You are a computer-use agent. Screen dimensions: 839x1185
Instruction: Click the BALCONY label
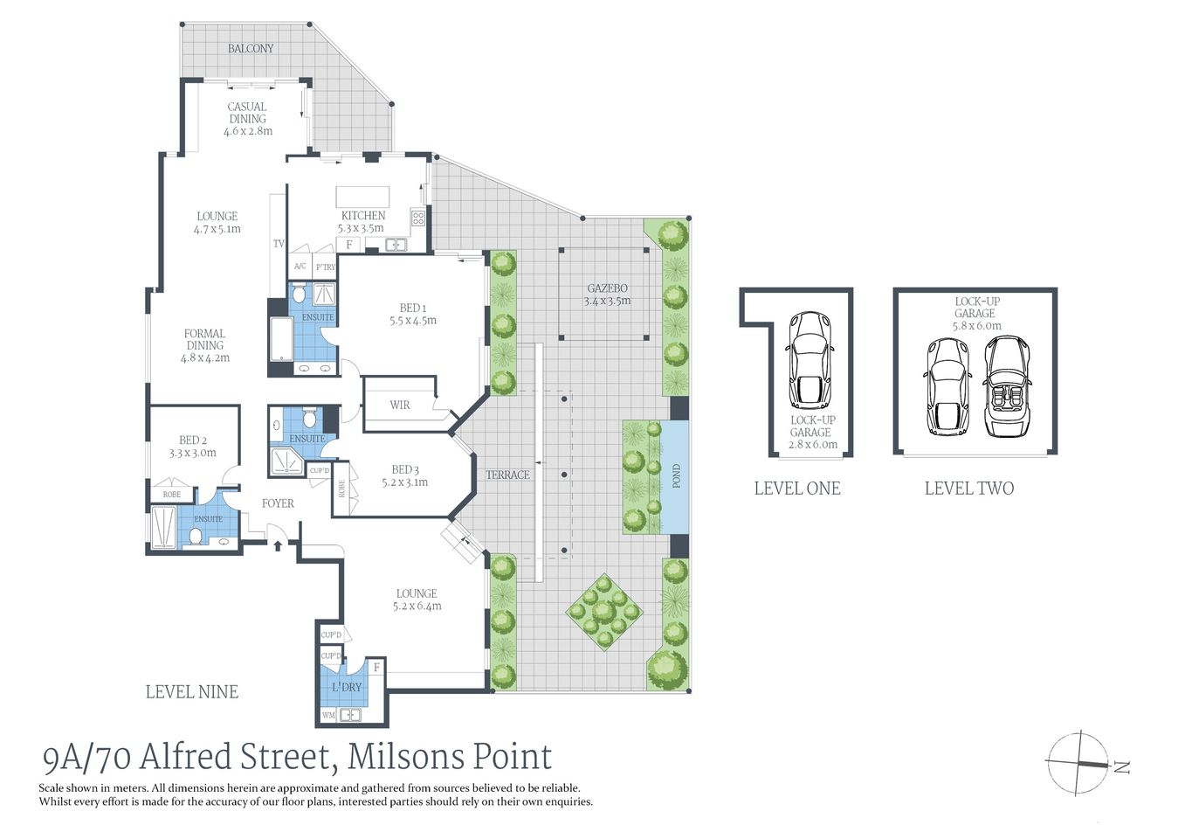click(251, 49)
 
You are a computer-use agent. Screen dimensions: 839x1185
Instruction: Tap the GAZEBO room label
click(607, 288)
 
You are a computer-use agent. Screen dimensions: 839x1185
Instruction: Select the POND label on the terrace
click(676, 476)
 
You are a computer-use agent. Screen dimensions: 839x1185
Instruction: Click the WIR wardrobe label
click(400, 405)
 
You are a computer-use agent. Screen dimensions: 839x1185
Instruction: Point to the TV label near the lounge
click(279, 244)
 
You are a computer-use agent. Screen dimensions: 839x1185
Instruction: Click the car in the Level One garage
click(810, 360)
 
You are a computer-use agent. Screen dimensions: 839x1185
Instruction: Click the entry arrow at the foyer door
click(278, 546)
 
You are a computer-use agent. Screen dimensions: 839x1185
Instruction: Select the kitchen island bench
click(362, 195)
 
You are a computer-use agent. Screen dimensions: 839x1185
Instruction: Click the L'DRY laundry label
click(347, 688)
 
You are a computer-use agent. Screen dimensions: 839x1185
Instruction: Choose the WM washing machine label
click(328, 715)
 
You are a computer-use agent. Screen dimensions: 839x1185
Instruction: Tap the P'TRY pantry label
click(326, 267)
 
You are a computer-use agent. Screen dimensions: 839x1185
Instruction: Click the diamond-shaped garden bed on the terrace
click(604, 610)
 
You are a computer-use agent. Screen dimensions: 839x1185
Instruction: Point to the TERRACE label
click(507, 475)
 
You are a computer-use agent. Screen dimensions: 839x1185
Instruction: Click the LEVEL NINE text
click(191, 692)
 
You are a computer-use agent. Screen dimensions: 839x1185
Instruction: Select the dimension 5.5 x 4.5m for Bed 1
click(413, 321)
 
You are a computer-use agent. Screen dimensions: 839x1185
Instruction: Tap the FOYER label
click(278, 503)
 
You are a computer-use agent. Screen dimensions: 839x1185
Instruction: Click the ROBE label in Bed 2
click(172, 495)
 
